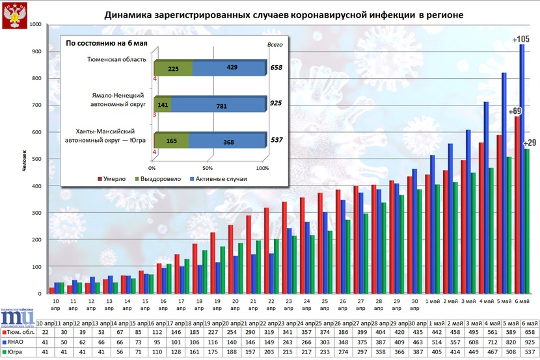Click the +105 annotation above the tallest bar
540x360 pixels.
(521, 40)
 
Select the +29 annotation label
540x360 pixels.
(528, 143)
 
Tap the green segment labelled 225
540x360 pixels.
(174, 67)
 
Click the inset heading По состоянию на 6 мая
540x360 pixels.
(106, 43)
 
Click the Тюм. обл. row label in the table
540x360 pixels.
(22, 332)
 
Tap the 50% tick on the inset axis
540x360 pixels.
(209, 168)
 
